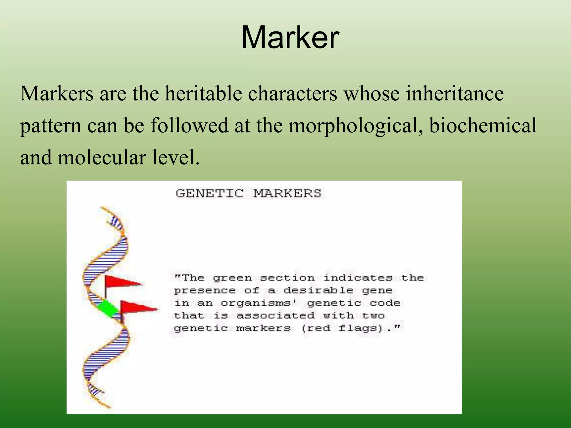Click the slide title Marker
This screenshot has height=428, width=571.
[x=290, y=37]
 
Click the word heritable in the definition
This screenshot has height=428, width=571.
[x=203, y=93]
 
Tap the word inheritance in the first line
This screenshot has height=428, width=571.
[x=455, y=93]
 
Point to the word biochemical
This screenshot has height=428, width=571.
[x=483, y=125]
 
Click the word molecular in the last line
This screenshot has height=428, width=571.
[x=101, y=157]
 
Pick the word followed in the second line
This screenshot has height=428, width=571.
[x=189, y=125]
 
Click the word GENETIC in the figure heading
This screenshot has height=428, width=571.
[x=210, y=193]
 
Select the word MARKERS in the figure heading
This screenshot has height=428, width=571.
[x=287, y=193]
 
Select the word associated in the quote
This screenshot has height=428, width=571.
[x=275, y=315]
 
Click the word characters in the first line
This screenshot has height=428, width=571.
[x=292, y=93]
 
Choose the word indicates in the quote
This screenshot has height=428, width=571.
[x=358, y=278]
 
